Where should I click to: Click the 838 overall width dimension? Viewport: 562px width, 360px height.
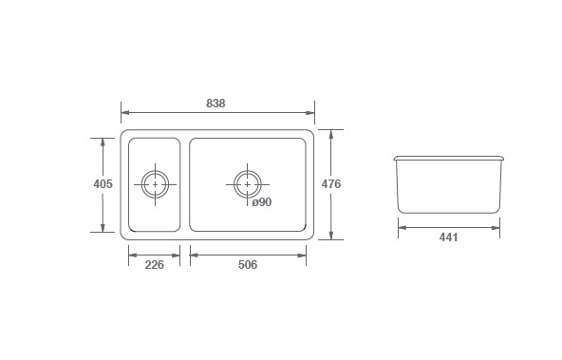(215, 104)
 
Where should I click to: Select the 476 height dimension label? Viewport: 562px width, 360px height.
(330, 184)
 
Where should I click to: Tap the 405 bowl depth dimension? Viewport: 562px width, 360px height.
(103, 184)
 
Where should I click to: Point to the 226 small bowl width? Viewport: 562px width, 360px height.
(154, 265)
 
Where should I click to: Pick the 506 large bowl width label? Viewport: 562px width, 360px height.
(248, 265)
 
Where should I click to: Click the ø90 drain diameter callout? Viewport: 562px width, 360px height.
(262, 202)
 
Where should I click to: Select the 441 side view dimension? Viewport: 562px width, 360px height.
(449, 237)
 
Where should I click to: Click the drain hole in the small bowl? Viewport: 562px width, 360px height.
(155, 184)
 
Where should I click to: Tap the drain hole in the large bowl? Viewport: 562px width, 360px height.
(248, 184)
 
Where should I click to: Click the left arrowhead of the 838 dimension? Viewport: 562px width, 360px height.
(125, 113)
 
